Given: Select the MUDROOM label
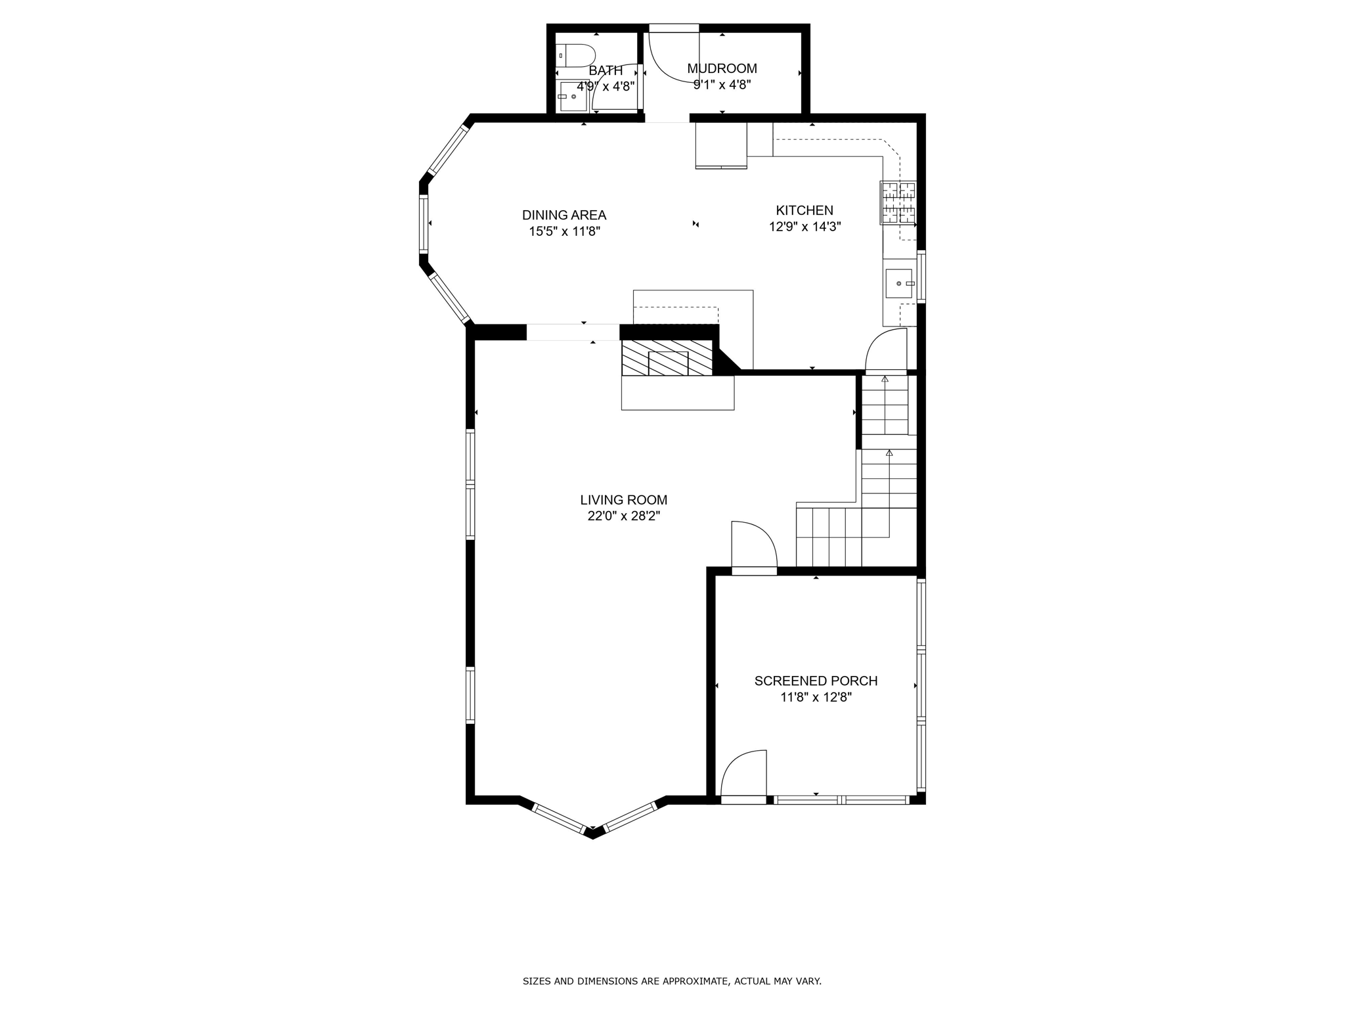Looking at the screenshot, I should point(722,68).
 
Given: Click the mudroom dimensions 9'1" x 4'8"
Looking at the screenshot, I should point(722,85).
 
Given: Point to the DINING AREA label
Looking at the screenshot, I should point(563,215).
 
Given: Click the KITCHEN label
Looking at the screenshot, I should point(804,210).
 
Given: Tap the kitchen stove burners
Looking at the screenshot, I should point(898,202).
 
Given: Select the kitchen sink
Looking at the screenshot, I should point(898,283).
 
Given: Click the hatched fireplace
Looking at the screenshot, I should point(667,358).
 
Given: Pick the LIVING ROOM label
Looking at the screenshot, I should point(623,500).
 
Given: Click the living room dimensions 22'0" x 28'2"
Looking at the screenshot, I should point(623,516).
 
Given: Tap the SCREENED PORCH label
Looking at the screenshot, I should point(816,681).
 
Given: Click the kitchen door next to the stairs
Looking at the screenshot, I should point(887,351).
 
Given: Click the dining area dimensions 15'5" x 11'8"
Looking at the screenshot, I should point(564,231).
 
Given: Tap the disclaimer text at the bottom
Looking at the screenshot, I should point(672,981).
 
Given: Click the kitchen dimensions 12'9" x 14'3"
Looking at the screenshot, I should point(805,227).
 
